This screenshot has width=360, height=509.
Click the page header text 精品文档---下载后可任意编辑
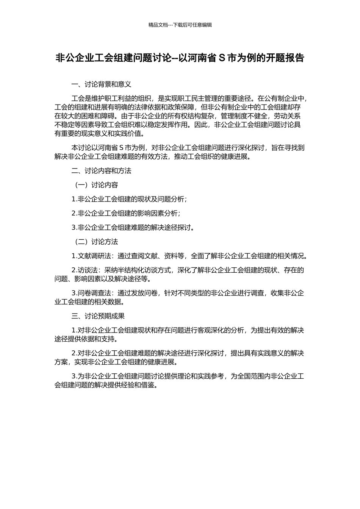coord(180,25)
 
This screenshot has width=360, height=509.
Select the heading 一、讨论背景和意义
coord(102,84)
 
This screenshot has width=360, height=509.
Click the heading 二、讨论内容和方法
coord(102,171)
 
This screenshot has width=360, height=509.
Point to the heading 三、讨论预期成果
coord(98,316)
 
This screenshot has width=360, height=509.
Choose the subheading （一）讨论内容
coord(95,185)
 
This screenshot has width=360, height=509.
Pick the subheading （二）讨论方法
coord(95,242)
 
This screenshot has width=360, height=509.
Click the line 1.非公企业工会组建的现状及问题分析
coord(129,199)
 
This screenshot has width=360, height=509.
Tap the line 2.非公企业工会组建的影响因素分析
coord(125,214)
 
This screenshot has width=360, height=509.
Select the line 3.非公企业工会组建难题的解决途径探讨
coord(133,228)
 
